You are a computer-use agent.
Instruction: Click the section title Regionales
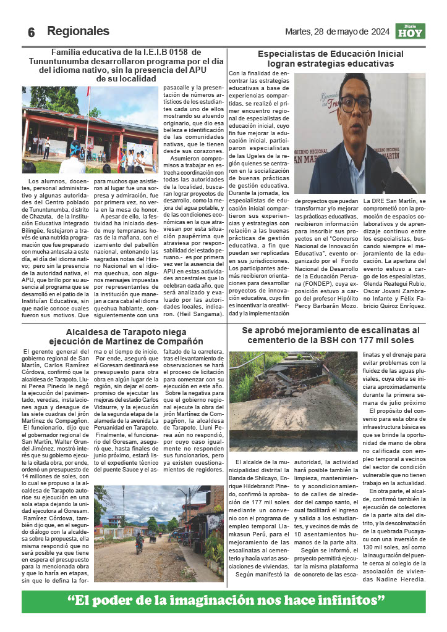tap(78, 31)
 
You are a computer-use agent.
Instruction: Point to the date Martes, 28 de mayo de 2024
tap(337, 31)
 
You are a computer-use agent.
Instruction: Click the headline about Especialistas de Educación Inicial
tap(330, 59)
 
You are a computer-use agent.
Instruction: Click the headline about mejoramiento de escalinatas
tap(330, 335)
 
